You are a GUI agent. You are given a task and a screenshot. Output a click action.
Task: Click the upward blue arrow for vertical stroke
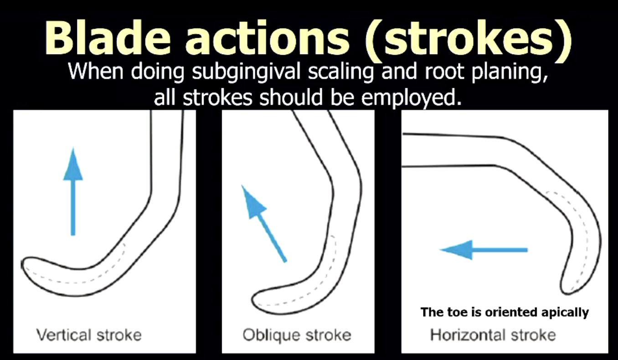(73, 191)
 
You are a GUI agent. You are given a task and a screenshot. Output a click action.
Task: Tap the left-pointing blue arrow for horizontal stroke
(483, 250)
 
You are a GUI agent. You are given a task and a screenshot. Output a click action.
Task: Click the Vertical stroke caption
(89, 335)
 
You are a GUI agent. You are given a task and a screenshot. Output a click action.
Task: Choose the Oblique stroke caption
(297, 335)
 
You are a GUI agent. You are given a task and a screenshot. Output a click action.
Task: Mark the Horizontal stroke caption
(493, 335)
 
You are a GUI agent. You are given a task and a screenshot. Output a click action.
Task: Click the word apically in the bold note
(566, 312)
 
